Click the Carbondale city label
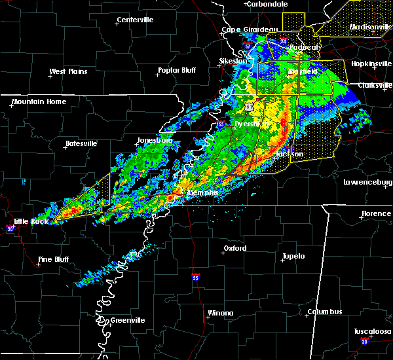(x=268, y=4)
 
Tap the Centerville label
(x=136, y=20)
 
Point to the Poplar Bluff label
(x=177, y=71)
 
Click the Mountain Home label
(x=39, y=101)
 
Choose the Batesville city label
(x=81, y=143)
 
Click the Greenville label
(x=127, y=320)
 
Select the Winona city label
(x=220, y=313)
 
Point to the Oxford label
(x=235, y=248)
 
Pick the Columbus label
(x=326, y=312)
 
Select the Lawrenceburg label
(x=367, y=182)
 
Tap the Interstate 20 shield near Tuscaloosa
(x=364, y=342)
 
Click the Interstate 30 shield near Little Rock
(x=10, y=228)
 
